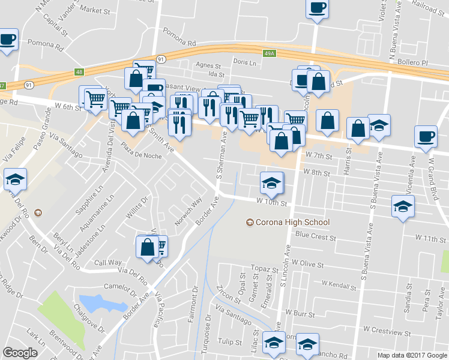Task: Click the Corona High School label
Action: coord(293,223)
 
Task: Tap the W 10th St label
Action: coord(272,203)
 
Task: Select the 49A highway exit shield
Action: coord(270,54)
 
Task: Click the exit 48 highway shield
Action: coord(80,73)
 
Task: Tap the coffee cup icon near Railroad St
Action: coord(317,8)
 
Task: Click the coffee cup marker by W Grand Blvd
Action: coord(426,137)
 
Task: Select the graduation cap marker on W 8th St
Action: coord(271,182)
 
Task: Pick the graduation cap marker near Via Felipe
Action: coord(15,178)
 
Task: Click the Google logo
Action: coord(20,353)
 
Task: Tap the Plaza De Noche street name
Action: coord(142,151)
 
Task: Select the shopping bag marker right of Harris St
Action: coord(358,128)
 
